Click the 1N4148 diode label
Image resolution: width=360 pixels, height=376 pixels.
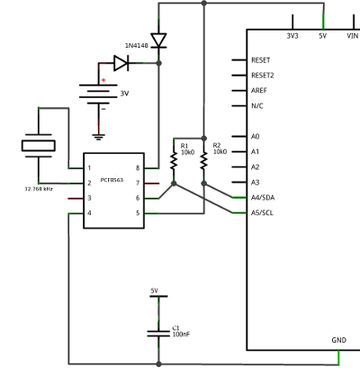(137, 46)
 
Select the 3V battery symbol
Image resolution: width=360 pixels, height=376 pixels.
(98, 94)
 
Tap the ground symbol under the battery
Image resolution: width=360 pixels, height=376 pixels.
(98, 138)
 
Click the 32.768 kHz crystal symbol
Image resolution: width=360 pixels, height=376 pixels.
(39, 146)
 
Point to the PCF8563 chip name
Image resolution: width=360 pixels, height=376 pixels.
(112, 180)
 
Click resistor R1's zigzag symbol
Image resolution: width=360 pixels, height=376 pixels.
(174, 161)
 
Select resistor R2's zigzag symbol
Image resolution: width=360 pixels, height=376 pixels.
(204, 161)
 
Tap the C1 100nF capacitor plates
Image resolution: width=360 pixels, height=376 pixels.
(158, 334)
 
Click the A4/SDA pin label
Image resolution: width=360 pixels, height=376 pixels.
(263, 198)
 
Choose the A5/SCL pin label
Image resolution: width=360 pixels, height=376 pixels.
(262, 213)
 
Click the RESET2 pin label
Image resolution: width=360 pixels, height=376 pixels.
(263, 76)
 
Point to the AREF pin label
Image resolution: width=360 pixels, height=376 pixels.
(259, 91)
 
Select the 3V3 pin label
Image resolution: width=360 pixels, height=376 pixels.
(292, 36)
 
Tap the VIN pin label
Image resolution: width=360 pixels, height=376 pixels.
(353, 36)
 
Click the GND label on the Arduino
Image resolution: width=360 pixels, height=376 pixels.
(339, 340)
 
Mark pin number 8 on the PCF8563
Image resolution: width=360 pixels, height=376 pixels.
(138, 168)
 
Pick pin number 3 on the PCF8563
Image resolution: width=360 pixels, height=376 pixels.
(89, 198)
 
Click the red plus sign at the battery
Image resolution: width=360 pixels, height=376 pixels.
(103, 80)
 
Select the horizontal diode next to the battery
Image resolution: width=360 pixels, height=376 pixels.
(121, 63)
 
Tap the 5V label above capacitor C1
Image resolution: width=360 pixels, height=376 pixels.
(155, 291)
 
